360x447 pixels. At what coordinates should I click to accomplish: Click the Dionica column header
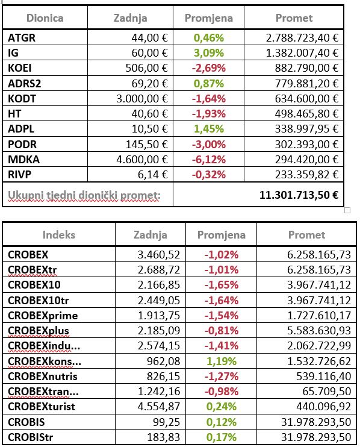(x=45, y=18)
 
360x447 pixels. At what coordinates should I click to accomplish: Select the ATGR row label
(x=22, y=37)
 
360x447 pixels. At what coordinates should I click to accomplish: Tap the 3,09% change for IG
(x=209, y=53)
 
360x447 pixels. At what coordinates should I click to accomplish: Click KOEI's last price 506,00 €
(x=147, y=68)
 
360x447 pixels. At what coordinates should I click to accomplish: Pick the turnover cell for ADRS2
(x=306, y=83)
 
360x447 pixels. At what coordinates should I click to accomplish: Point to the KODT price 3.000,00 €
(x=142, y=99)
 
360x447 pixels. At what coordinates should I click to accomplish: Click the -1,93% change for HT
(x=209, y=114)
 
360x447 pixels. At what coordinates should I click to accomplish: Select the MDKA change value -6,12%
(x=209, y=160)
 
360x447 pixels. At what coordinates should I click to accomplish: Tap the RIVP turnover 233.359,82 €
(x=306, y=175)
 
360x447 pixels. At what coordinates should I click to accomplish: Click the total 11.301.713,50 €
(x=299, y=195)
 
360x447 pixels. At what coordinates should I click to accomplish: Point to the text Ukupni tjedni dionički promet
(x=84, y=195)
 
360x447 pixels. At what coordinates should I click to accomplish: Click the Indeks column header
(x=59, y=234)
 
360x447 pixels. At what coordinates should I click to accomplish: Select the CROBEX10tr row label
(x=38, y=300)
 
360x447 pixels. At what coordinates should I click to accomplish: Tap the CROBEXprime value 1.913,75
(x=159, y=315)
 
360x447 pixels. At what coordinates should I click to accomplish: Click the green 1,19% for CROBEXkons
(x=222, y=361)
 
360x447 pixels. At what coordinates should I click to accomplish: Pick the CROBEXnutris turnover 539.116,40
(x=323, y=377)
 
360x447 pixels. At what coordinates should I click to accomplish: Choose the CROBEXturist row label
(x=42, y=407)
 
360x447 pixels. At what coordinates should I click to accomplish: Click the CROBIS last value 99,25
(x=167, y=422)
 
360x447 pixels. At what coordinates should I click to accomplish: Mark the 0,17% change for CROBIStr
(x=222, y=437)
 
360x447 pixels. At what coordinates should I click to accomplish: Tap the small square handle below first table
(x=347, y=210)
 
